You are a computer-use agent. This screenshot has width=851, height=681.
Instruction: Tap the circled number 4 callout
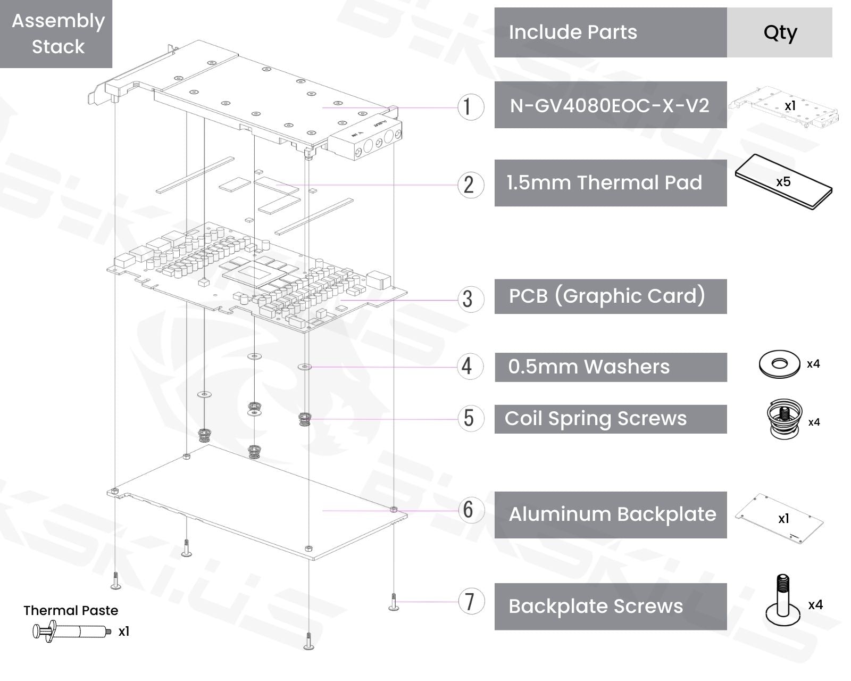point(470,367)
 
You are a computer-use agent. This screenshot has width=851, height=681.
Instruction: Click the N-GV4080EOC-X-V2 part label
point(610,105)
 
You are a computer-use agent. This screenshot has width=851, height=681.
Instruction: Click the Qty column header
point(780,32)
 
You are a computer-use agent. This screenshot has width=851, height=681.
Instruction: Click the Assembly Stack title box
point(56,34)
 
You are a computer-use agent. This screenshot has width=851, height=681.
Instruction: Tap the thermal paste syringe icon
point(72,632)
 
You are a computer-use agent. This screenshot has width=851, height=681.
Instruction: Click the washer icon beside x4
point(779,364)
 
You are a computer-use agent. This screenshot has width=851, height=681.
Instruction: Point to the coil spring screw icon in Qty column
point(785,419)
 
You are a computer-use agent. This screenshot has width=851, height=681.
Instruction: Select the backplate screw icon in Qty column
point(783,601)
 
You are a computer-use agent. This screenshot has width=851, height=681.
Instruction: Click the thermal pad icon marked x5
point(783,182)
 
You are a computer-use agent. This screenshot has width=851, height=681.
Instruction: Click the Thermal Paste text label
point(71,610)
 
